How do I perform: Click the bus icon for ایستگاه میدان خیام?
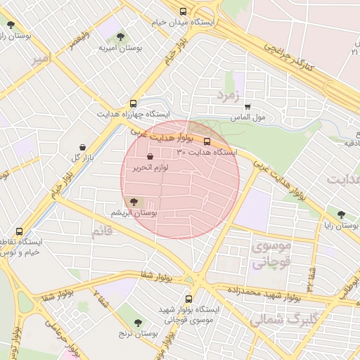click(184, 12)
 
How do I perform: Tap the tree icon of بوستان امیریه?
click(120, 36)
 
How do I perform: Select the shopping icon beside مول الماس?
click(247, 107)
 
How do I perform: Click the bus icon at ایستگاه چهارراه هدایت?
click(133, 103)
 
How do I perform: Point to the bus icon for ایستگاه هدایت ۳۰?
click(206, 141)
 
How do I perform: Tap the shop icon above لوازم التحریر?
click(149, 156)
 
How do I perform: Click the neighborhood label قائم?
click(101, 233)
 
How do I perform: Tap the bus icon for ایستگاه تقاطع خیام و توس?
click(19, 231)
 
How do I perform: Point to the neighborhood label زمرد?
click(229, 94)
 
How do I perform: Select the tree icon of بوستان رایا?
click(341, 214)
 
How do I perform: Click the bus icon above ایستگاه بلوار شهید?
click(188, 298)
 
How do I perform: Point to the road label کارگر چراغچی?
click(288, 55)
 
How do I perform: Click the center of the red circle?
click(180, 179)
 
